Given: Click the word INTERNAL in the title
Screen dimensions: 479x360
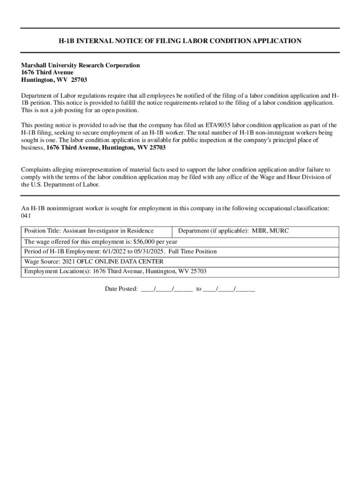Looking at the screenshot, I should [94, 41].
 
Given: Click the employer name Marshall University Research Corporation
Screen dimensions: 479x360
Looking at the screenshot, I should [80, 65].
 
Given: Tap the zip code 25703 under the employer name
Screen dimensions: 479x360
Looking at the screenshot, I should [79, 80].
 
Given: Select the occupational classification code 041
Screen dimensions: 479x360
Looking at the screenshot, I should [26, 216].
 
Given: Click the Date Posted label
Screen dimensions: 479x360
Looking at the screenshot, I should [121, 289].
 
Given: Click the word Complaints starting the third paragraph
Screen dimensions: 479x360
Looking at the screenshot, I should [36, 169].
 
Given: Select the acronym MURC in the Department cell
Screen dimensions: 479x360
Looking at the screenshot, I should [280, 231].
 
